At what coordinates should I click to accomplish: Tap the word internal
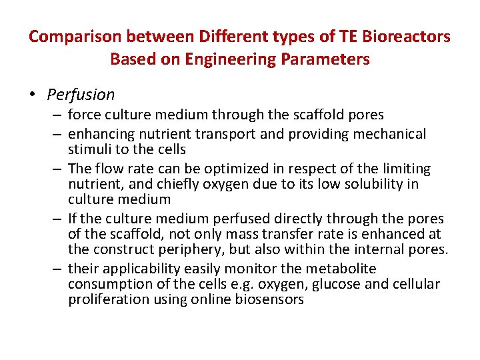pyautogui.click(x=385, y=249)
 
